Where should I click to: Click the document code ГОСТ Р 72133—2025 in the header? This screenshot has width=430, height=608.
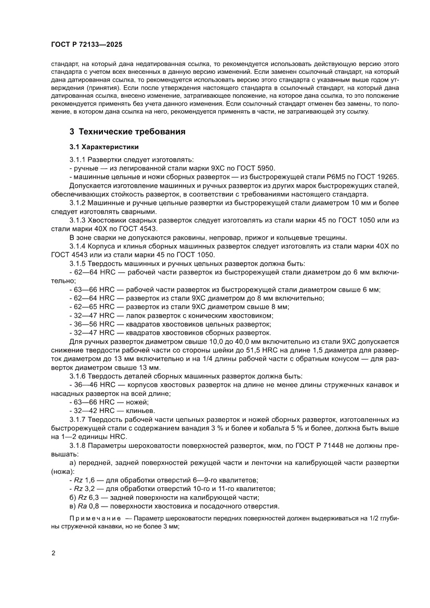pyautogui.click(x=87, y=45)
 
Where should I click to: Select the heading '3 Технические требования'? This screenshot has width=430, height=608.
pyautogui.click(x=128, y=132)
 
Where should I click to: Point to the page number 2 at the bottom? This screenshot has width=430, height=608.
pyautogui.click(x=53, y=553)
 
